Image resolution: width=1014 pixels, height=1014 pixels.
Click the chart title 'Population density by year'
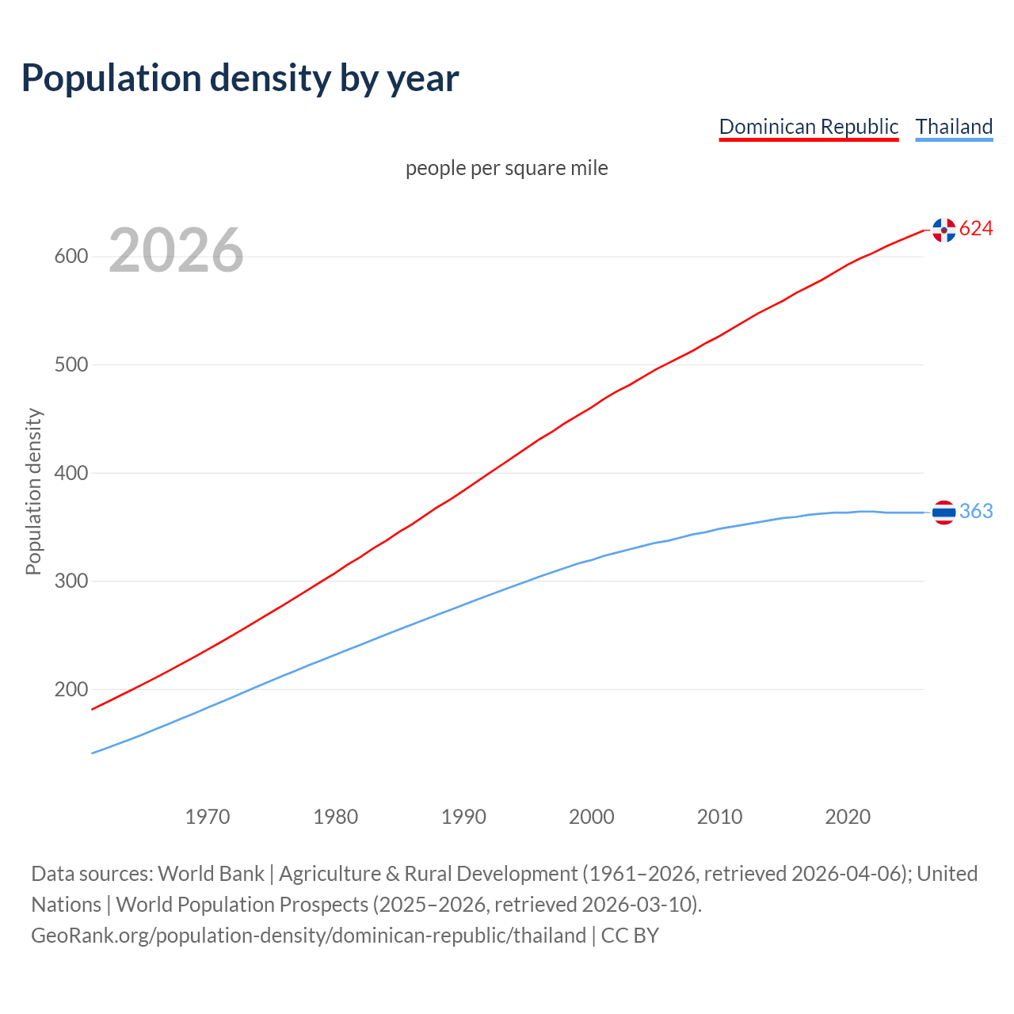(x=240, y=78)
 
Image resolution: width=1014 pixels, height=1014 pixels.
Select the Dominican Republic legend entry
(x=808, y=127)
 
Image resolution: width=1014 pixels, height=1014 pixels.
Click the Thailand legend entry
(x=954, y=127)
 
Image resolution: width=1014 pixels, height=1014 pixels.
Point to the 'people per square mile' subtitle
(x=506, y=168)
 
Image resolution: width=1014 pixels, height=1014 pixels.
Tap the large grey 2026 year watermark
(x=176, y=250)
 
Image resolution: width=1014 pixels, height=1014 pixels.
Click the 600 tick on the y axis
(x=71, y=257)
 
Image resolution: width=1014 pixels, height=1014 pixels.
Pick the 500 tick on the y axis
(x=71, y=365)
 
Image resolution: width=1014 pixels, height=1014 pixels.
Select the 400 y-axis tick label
(x=71, y=473)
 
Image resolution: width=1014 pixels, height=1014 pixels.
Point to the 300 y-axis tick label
(x=71, y=581)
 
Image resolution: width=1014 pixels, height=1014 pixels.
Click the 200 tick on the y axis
(x=71, y=689)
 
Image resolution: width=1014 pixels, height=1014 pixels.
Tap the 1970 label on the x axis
(x=208, y=817)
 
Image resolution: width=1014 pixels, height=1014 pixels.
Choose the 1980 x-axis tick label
(x=336, y=817)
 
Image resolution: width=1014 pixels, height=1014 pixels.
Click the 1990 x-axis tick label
(x=463, y=817)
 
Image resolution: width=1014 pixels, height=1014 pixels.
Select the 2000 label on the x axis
(x=592, y=817)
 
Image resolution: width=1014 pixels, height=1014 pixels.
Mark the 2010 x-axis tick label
(x=719, y=817)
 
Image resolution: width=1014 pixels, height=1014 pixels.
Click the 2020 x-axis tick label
(x=848, y=817)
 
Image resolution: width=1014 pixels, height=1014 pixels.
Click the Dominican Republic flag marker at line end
(x=943, y=230)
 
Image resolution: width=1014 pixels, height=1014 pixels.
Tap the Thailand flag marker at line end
(x=943, y=513)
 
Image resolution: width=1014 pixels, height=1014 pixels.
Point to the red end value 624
(x=976, y=229)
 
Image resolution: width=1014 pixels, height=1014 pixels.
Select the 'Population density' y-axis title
(x=33, y=491)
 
